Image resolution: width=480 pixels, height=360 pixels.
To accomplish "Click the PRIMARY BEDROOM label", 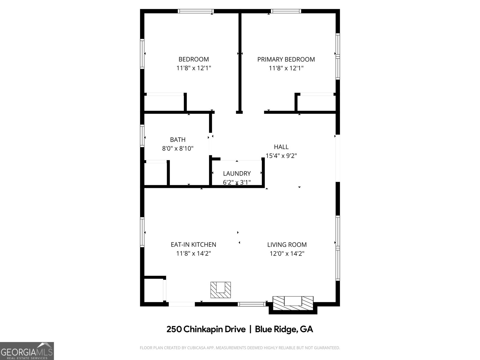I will point(286,59).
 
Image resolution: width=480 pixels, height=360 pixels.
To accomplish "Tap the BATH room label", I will point(178,139).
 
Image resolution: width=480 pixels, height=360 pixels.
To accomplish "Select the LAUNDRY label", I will point(237,173).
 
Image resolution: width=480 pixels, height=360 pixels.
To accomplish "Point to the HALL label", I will point(281,147).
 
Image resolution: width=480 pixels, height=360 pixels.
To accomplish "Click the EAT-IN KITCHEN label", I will point(193,244).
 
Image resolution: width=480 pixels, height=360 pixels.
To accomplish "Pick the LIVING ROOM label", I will point(287,244).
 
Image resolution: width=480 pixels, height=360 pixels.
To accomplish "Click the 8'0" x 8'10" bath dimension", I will point(178,148).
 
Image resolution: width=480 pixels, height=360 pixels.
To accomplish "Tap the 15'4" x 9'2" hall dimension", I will point(281,156).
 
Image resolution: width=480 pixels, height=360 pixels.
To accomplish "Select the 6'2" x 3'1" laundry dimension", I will point(237,182).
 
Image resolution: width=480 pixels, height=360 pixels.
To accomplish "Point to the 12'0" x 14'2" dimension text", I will point(287,253).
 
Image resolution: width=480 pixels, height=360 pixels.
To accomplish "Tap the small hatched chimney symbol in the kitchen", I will point(220,290).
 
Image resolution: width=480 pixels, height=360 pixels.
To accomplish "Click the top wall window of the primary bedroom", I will point(286,11).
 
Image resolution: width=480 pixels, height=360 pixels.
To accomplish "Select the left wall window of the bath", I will point(142,136).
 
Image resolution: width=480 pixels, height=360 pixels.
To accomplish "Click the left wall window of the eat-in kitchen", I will point(142,232).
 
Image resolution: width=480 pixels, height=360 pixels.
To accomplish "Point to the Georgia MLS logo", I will point(27,351).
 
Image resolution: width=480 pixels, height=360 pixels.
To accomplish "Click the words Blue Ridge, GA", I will point(284,329).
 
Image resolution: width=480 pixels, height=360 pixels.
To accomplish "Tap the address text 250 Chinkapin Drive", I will point(206,329).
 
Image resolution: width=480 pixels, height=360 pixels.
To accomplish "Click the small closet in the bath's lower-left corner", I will point(155,174).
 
